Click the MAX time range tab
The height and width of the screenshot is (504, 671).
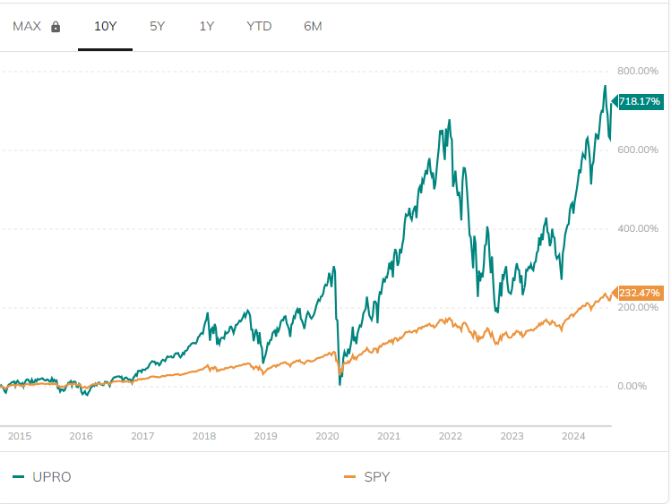(x=27, y=26)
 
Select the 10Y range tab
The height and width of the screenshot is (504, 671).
(x=106, y=26)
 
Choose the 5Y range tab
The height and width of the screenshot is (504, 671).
(x=158, y=26)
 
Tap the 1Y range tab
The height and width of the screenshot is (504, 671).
(x=207, y=26)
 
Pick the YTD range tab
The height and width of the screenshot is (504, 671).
(x=259, y=26)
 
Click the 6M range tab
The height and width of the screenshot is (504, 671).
(x=313, y=26)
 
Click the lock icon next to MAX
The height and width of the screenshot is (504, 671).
(x=56, y=27)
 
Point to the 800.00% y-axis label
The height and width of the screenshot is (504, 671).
(x=638, y=71)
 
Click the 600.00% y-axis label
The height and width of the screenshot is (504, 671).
(x=638, y=149)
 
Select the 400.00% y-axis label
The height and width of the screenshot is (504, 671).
(x=638, y=228)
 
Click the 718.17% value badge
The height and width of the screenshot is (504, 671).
(x=639, y=102)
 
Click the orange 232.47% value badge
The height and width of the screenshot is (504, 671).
(x=639, y=293)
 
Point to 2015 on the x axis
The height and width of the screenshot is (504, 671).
(x=20, y=436)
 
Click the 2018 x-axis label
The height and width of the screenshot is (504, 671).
(x=204, y=436)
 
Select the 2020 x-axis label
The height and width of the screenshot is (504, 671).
(x=327, y=436)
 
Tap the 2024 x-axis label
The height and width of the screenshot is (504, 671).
(x=572, y=436)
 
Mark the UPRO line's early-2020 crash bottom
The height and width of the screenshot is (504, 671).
(x=340, y=384)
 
